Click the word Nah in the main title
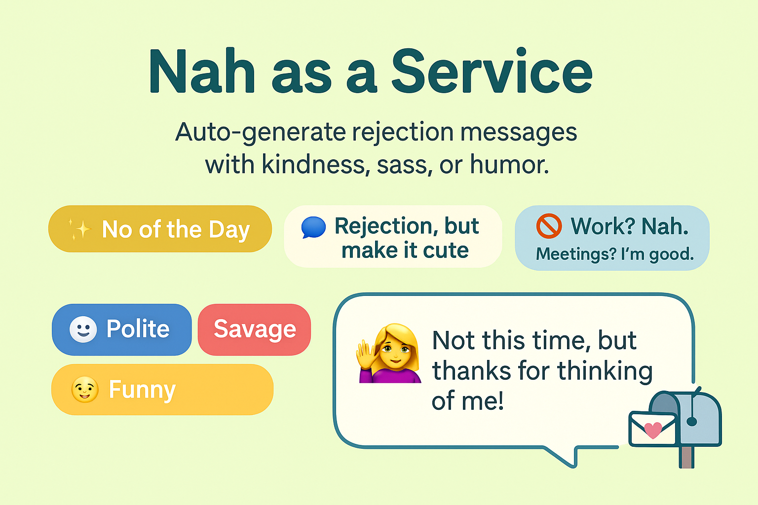(202, 72)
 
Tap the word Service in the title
(492, 72)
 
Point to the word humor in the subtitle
(509, 165)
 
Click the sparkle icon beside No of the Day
(79, 229)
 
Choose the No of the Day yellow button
(160, 229)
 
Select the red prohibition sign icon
(549, 226)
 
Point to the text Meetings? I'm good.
(615, 254)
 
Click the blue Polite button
(121, 329)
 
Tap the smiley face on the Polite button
(83, 329)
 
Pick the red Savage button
(254, 329)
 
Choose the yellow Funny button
(162, 390)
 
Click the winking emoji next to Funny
(84, 390)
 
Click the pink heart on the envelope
(653, 430)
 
